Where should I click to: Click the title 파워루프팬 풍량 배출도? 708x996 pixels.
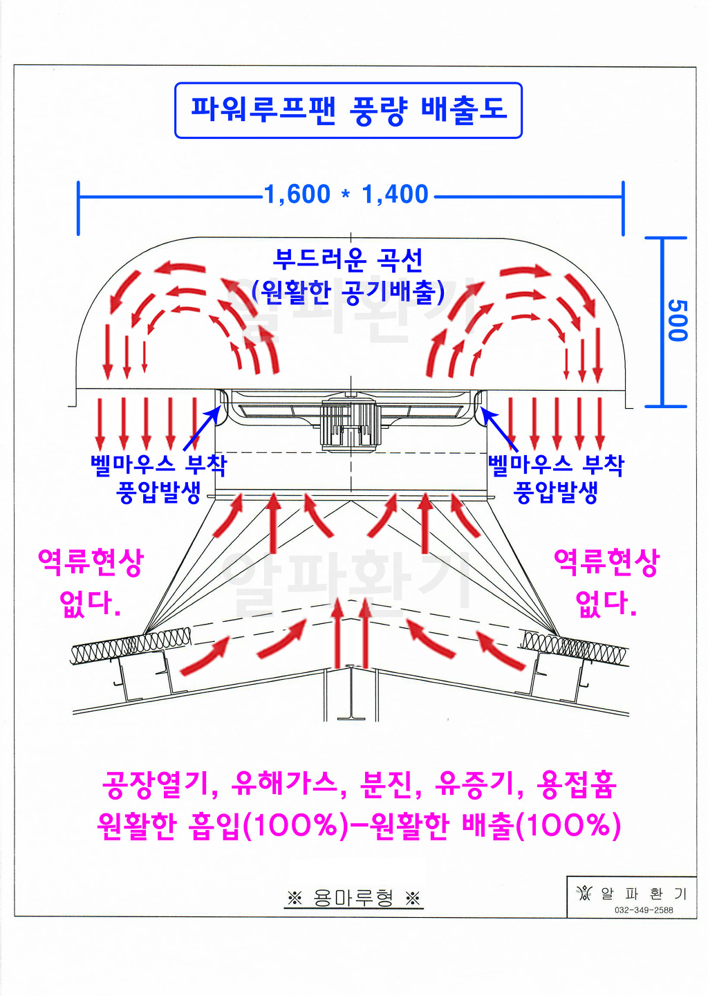click(x=349, y=110)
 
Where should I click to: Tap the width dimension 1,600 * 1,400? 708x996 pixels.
click(x=346, y=194)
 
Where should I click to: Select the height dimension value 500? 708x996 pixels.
click(x=678, y=320)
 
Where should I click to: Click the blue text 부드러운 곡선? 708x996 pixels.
click(x=347, y=260)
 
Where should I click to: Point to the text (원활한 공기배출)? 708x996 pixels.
click(x=348, y=292)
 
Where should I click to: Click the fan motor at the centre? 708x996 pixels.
click(x=351, y=423)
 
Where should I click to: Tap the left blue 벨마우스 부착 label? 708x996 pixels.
click(x=158, y=465)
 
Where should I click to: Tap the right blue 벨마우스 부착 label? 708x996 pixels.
click(x=556, y=465)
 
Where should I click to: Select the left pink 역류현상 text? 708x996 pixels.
click(x=91, y=562)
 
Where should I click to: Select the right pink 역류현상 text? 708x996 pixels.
click(x=606, y=562)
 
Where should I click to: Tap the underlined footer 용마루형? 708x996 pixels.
click(x=353, y=898)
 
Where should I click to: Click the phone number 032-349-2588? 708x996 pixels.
click(x=644, y=910)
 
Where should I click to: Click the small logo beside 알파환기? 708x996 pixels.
click(x=584, y=892)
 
